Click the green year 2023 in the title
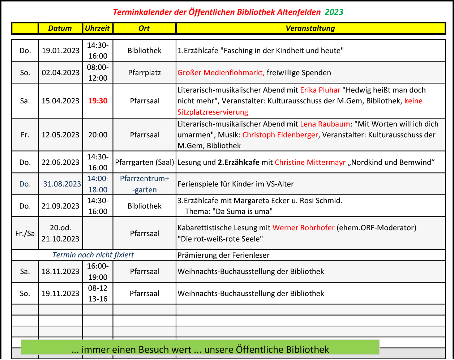pos(334,12)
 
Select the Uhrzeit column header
pos(98,28)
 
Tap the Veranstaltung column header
pos(310,28)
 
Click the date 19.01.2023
pos(60,51)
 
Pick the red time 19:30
pos(98,101)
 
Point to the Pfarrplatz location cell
pos(145,73)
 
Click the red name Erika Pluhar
pos(320,90)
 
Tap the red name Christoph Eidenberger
pos(280,135)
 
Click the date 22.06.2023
pos(60,162)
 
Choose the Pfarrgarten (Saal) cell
pos(145,162)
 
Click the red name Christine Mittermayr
pos(310,162)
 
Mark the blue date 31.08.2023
pos(62,184)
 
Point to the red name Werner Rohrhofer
pos(303,228)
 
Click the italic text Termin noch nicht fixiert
pos(93,255)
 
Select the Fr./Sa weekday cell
pos(25,233)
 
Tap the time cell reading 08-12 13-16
pos(98,293)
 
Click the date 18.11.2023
pos(60,271)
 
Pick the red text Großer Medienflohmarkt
pos(221,73)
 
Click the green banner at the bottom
pos(200,348)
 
